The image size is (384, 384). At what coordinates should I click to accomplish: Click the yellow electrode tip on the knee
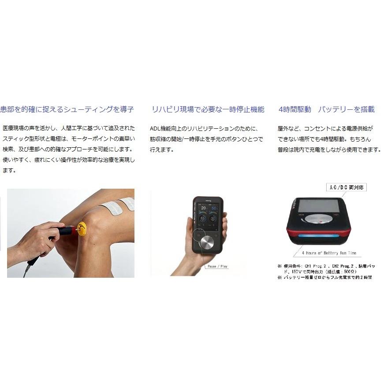point(81,227)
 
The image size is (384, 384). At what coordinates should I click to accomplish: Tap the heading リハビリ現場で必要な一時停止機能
point(208,109)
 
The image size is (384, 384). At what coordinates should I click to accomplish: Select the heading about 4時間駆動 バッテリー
point(327,109)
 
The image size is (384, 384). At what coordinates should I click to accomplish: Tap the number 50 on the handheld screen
point(215,209)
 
